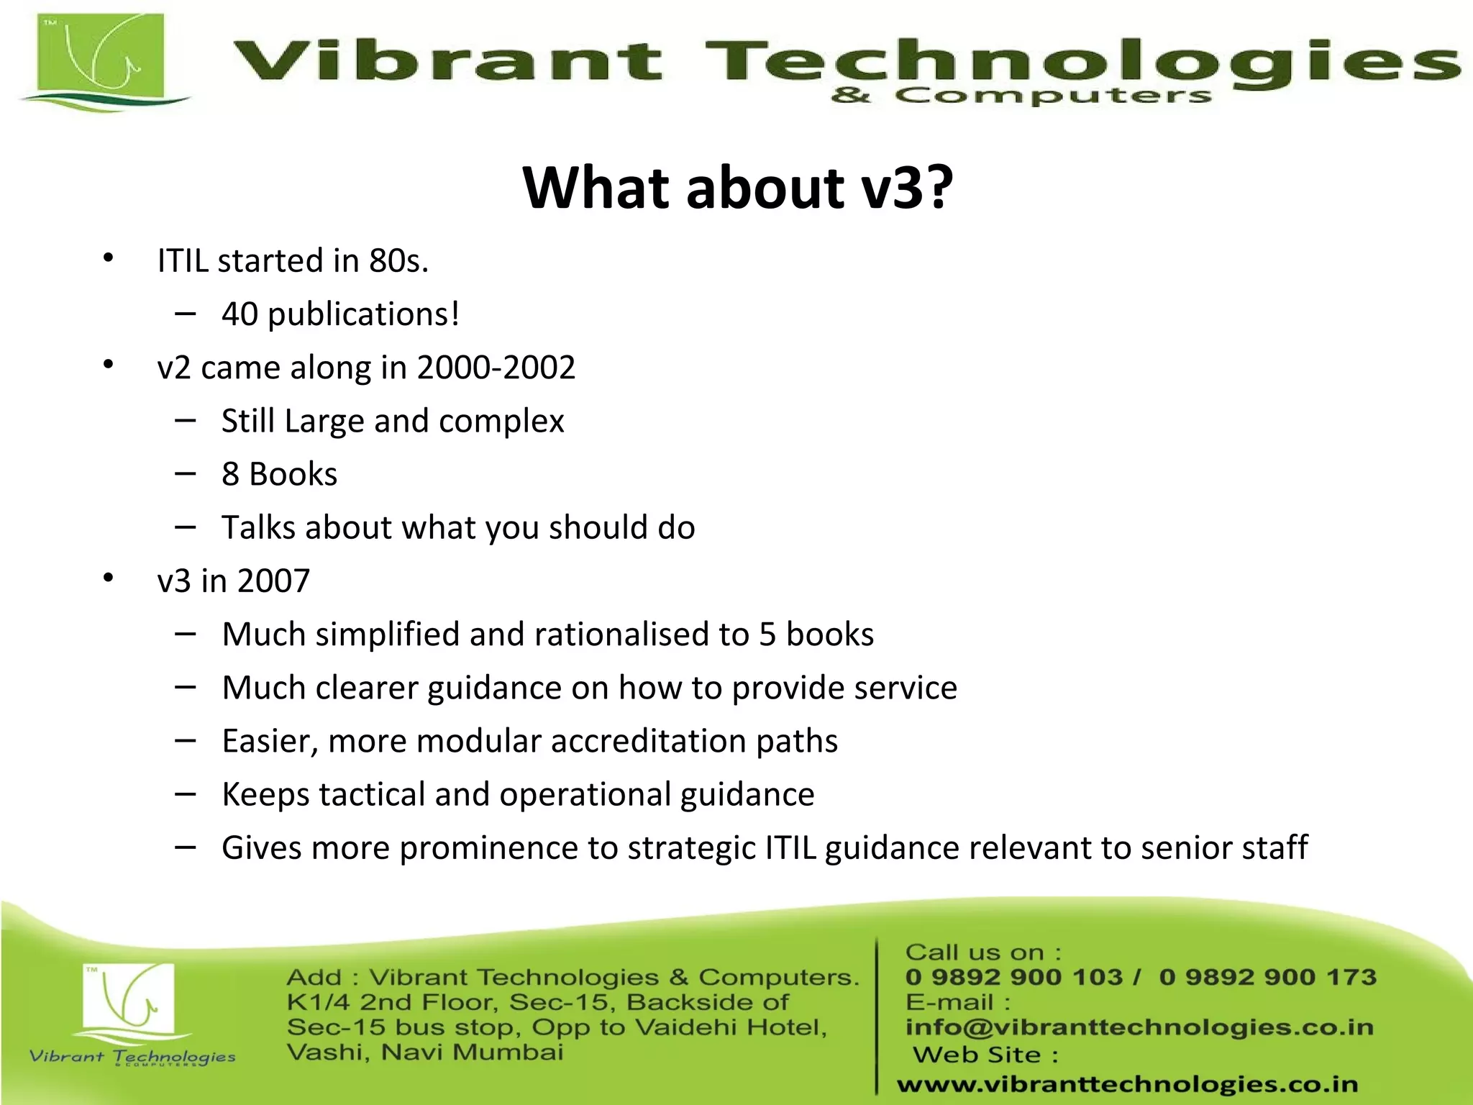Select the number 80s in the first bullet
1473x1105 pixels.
pyautogui.click(x=398, y=260)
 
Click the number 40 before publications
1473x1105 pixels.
pyautogui.click(x=240, y=314)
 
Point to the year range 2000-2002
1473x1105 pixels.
pyautogui.click(x=496, y=368)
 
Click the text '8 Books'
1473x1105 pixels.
pyautogui.click(x=279, y=474)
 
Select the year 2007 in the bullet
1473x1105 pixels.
pyautogui.click(x=273, y=581)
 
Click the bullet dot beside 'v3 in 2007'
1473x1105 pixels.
pyautogui.click(x=108, y=577)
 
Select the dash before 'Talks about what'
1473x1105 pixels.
pyautogui.click(x=185, y=527)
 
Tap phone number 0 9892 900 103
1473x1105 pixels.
pyautogui.click(x=1014, y=977)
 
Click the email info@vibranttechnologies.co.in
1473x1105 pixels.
pyautogui.click(x=1139, y=1027)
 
